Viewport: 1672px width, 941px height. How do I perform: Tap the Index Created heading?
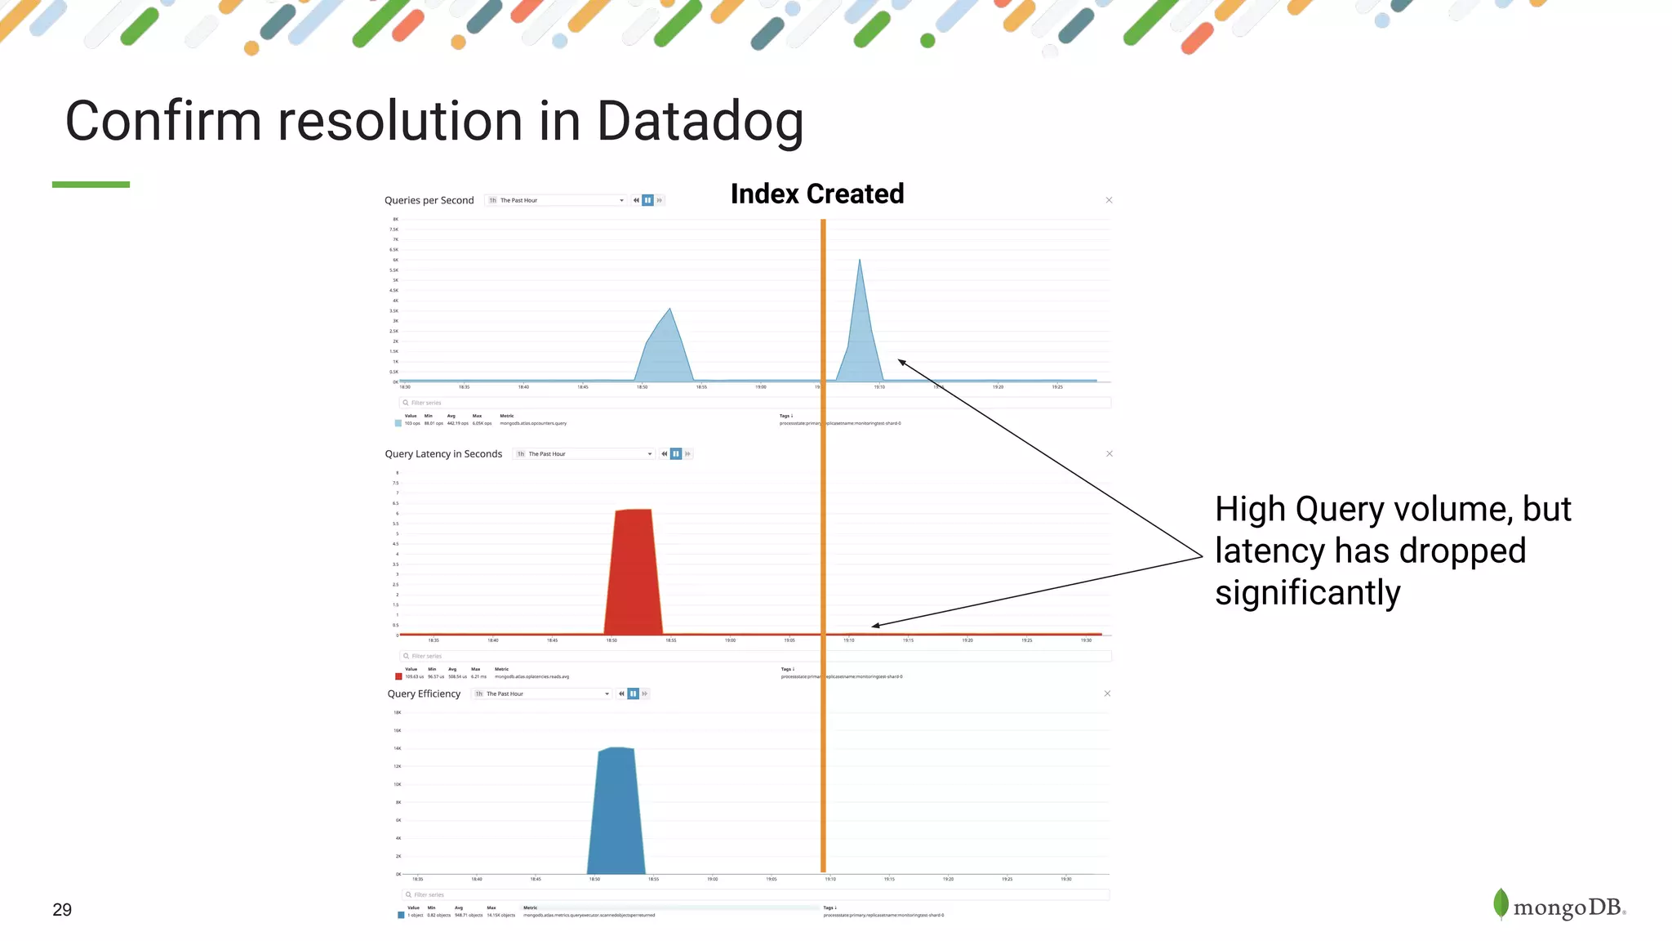(816, 194)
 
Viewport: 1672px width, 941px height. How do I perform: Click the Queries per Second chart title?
(429, 200)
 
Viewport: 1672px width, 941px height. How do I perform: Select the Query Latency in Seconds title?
(443, 454)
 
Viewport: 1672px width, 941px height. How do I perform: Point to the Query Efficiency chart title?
(424, 693)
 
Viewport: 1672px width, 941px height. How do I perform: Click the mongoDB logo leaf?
(1501, 903)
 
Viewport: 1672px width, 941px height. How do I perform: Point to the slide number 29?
(62, 910)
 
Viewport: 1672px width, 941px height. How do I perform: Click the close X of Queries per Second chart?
(1109, 200)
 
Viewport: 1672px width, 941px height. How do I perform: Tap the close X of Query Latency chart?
(1109, 454)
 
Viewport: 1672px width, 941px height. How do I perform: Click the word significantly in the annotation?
(1307, 593)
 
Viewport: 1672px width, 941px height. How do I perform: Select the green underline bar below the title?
(91, 185)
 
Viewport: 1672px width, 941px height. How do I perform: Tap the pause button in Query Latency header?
(676, 454)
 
